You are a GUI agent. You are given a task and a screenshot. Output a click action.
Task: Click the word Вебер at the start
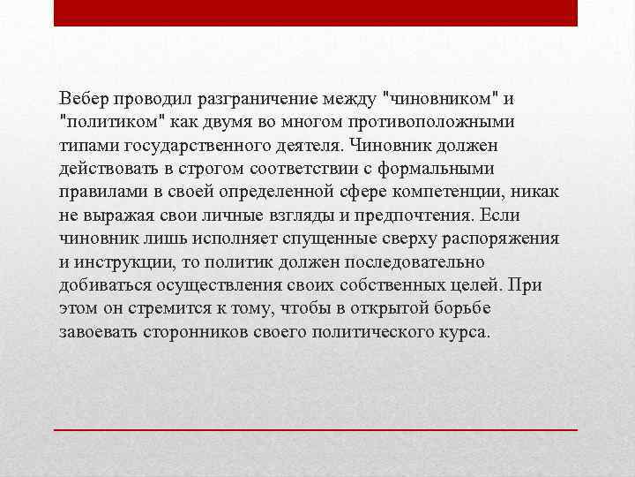tap(81, 97)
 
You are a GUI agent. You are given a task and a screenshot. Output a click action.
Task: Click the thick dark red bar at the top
tap(316, 13)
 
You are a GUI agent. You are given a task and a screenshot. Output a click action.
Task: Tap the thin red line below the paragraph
tap(316, 428)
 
